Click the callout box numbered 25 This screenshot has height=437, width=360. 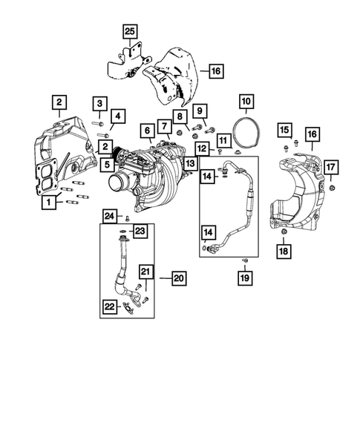[130, 31]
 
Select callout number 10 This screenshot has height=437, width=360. [246, 100]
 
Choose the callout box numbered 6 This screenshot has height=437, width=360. [148, 130]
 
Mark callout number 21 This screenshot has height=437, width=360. [146, 272]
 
